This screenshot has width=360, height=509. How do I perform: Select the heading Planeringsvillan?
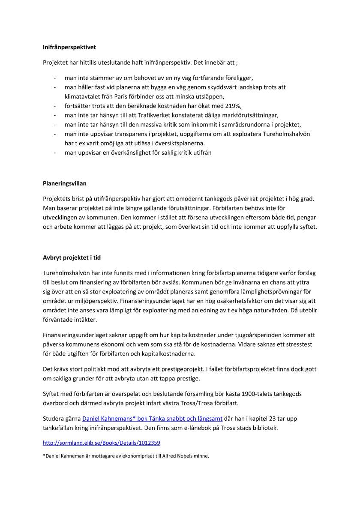click(x=65, y=183)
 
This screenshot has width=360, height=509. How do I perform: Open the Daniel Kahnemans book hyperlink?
click(x=152, y=418)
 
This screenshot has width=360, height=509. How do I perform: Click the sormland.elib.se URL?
click(x=102, y=442)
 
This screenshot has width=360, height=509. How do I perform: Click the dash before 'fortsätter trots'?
click(x=54, y=106)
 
